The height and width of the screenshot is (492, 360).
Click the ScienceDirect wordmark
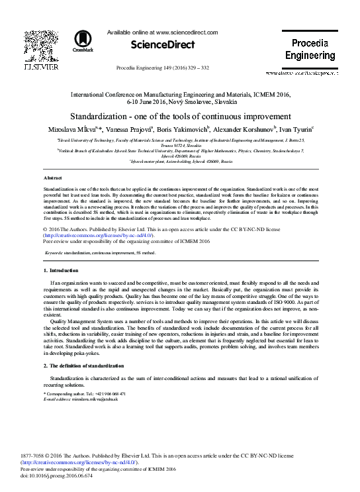pyautogui.click(x=163, y=45)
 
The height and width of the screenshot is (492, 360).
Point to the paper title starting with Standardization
pyautogui.click(x=180, y=115)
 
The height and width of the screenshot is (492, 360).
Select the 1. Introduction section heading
pyautogui.click(x=62, y=271)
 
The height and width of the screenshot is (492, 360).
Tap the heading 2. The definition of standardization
pyautogui.click(x=83, y=366)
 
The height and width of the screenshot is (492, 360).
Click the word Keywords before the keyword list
pyautogui.click(x=54, y=253)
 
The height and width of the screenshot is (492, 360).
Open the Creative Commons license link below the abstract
pyautogui.click(x=98, y=235)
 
